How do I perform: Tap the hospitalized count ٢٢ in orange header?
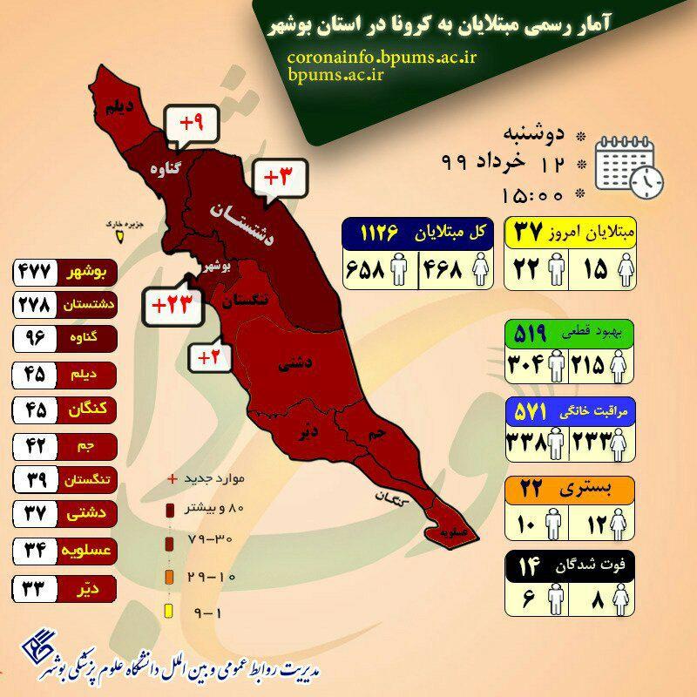pyautogui.click(x=532, y=490)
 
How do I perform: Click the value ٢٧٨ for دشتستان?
pyautogui.click(x=35, y=305)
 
